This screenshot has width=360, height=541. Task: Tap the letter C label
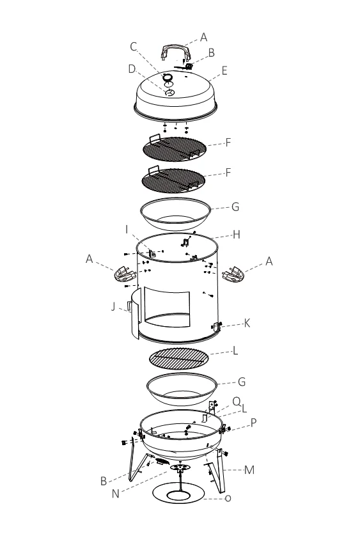[133, 46]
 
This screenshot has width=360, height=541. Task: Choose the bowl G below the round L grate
[180, 388]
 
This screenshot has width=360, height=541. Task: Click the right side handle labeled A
[233, 276]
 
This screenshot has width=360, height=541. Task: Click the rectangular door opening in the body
[168, 306]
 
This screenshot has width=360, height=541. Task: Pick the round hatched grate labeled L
[179, 358]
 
